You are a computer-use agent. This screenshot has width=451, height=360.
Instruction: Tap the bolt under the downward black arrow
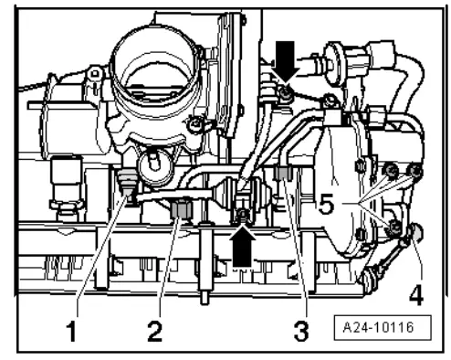pos(286,95)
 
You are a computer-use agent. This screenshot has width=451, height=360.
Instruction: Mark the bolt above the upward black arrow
pos(242,216)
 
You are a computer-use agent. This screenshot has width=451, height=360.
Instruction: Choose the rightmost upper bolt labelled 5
pos(416,171)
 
